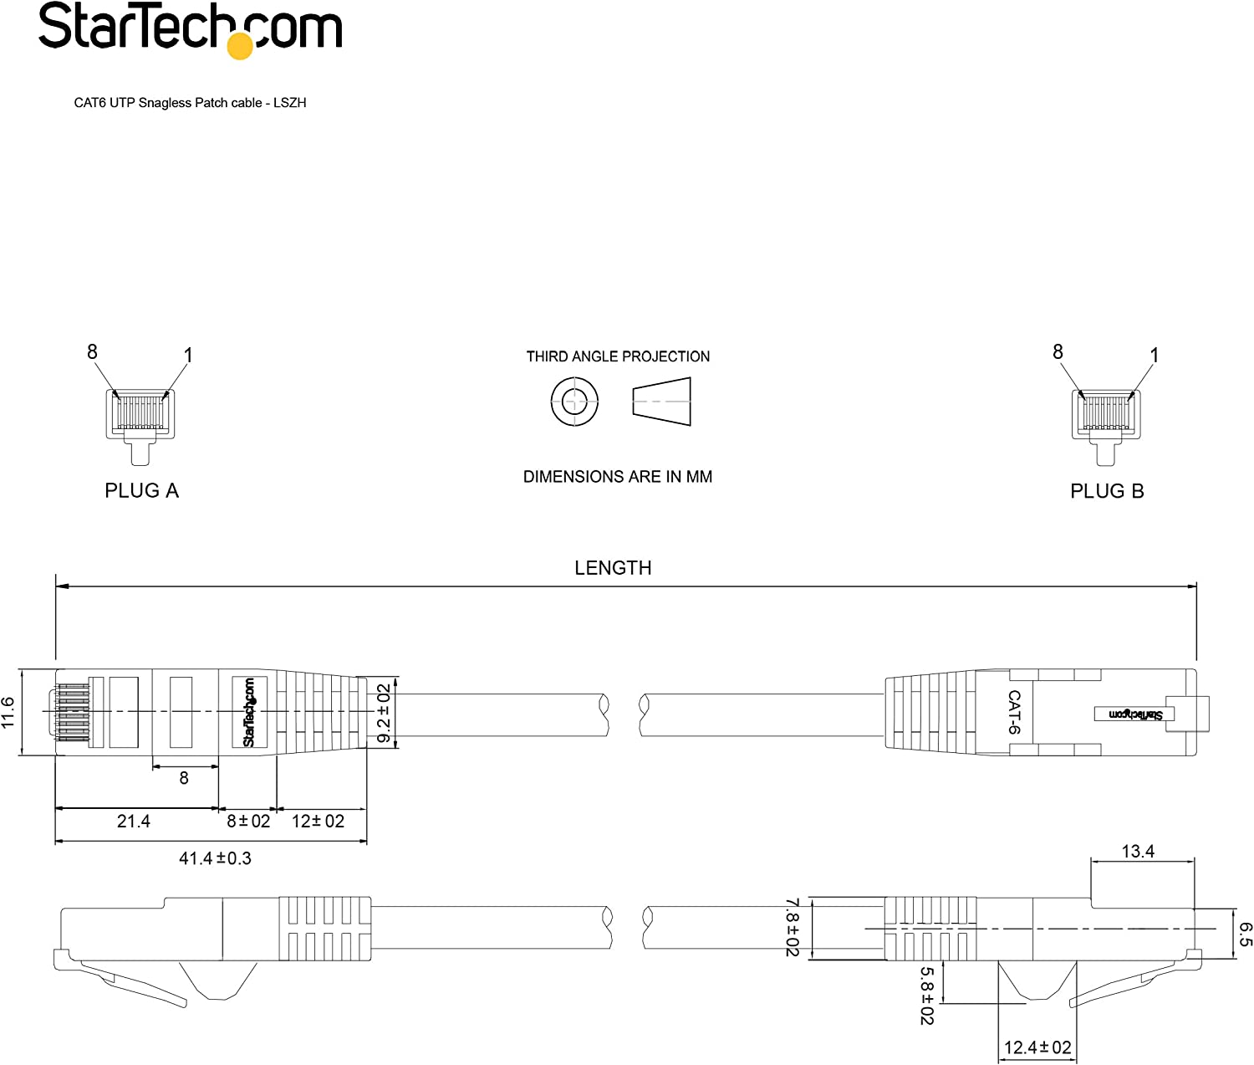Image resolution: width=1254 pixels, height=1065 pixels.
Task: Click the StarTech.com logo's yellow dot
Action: [x=240, y=46]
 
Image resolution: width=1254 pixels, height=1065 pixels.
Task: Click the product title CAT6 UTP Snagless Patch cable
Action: [x=168, y=103]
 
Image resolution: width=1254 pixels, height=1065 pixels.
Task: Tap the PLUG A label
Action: [x=141, y=490]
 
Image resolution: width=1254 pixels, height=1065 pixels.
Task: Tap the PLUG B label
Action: [x=1107, y=491]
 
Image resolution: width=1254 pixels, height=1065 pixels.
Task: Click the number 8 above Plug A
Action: [x=92, y=351]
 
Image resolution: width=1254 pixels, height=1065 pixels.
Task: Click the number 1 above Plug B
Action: [x=1154, y=356]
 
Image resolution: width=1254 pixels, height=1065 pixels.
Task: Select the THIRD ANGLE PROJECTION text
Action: [x=618, y=356]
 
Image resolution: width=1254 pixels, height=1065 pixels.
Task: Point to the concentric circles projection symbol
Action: [x=574, y=402]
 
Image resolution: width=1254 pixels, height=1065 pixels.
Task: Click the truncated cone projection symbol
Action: [x=661, y=402]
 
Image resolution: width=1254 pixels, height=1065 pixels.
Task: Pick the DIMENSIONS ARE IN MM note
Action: [x=618, y=477]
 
